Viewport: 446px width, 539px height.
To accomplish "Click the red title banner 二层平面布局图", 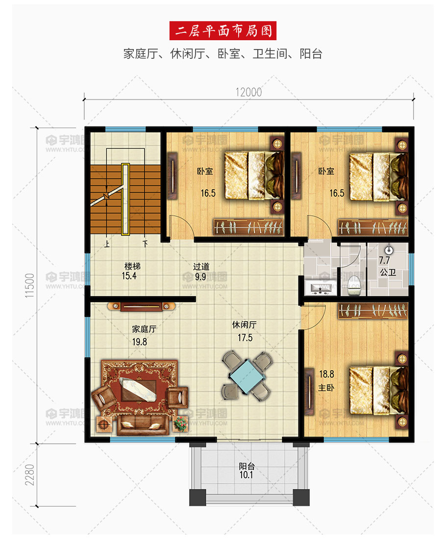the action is coord(223,30).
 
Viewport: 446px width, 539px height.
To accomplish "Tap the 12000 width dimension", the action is coord(248,92).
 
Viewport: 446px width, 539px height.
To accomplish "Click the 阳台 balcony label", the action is coord(247,466).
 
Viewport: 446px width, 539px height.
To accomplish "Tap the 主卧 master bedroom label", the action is coord(326,388).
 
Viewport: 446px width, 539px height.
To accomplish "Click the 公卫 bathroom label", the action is coord(388,272).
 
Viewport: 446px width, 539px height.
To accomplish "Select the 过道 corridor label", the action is coord(201,266).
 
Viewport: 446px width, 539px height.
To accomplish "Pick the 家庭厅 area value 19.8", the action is coord(140,342).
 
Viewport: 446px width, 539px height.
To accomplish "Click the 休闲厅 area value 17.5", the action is coord(245,337).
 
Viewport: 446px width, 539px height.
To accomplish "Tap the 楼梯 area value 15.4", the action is coord(129,276).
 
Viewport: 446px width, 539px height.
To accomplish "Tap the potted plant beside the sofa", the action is coord(180,423).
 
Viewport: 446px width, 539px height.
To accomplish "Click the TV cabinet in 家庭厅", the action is coord(142,306).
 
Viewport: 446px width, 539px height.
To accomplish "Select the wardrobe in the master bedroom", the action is coord(373,311).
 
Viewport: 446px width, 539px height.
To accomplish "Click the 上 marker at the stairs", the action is coord(107,244).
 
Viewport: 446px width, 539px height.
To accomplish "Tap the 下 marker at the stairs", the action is coord(146,244).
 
